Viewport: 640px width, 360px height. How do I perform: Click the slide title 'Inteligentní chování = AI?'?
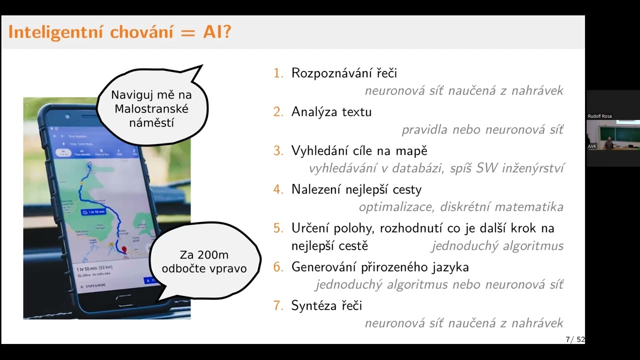click(x=120, y=32)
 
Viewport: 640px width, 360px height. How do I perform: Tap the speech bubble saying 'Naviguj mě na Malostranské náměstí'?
click(x=151, y=108)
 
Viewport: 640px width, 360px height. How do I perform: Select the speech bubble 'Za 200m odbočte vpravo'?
click(x=204, y=261)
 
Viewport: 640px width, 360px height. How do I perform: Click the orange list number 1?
click(x=278, y=73)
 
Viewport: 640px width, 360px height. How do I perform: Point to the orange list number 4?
click(x=278, y=189)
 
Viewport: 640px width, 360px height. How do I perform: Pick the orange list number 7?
click(x=278, y=305)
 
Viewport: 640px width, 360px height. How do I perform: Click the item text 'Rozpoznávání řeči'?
click(x=344, y=73)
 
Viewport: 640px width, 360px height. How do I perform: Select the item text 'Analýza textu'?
click(x=331, y=112)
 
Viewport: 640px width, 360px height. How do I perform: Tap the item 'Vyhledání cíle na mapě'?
click(x=359, y=150)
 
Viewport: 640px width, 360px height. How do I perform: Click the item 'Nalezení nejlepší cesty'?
click(x=356, y=189)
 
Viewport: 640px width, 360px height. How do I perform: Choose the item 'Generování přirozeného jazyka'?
click(x=380, y=267)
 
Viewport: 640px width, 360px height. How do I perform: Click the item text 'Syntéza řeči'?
click(x=326, y=305)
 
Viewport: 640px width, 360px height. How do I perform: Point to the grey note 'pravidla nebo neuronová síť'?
click(x=482, y=130)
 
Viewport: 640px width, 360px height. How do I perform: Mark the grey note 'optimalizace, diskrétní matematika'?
click(x=461, y=207)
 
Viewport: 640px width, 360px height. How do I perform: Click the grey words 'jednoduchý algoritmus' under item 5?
click(x=497, y=246)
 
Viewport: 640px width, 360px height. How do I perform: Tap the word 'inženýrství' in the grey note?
click(x=534, y=168)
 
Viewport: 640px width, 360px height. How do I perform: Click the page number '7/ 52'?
click(x=575, y=339)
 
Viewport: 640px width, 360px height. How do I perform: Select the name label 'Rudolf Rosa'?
click(x=599, y=116)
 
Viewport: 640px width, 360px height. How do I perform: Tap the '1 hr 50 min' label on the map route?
click(x=93, y=212)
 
